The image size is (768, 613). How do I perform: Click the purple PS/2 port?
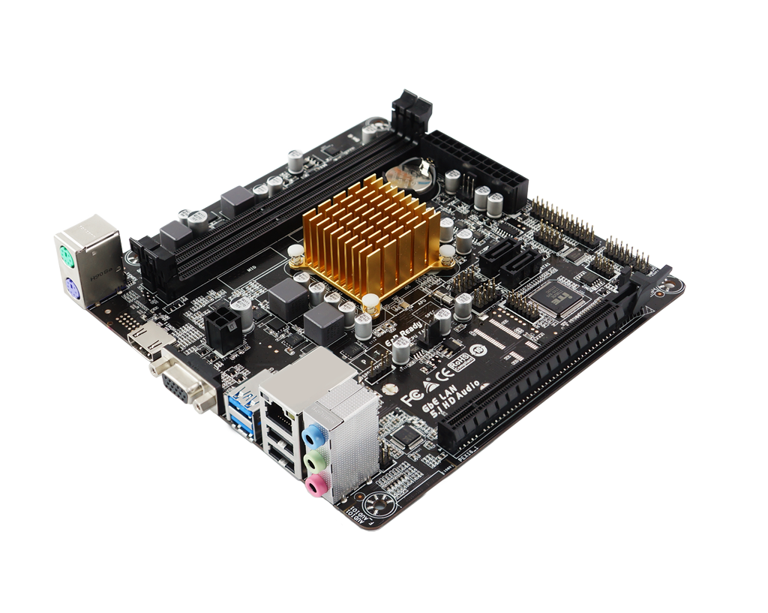pos(73,288)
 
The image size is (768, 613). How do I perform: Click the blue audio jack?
pos(313,435)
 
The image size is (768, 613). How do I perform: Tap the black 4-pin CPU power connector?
pos(222,327)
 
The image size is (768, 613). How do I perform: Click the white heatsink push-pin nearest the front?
pos(370,302)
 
